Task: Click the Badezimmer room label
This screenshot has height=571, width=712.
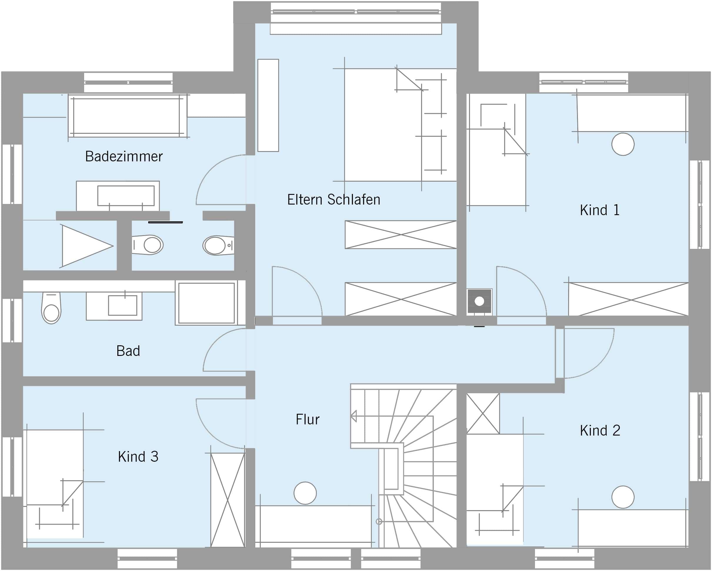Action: pos(124,156)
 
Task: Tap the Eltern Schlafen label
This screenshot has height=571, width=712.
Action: pos(334,200)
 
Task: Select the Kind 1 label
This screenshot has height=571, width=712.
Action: pos(600,210)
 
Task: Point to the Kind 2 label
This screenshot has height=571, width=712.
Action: pos(600,431)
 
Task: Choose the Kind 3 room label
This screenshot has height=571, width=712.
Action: pos(138,457)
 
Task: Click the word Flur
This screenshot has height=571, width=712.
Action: pos(307,419)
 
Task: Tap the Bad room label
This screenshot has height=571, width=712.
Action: pos(128,351)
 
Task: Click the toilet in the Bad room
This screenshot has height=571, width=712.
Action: pos(51,308)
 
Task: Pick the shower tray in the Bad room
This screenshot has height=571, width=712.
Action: pos(206,303)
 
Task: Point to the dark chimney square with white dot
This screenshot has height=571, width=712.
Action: pos(479,301)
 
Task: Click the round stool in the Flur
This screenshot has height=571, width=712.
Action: pos(305,493)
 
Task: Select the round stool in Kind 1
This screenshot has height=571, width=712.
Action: pos(623,144)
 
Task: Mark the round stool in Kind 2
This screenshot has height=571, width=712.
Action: pos(623,497)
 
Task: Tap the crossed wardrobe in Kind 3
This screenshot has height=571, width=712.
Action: pos(228,500)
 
